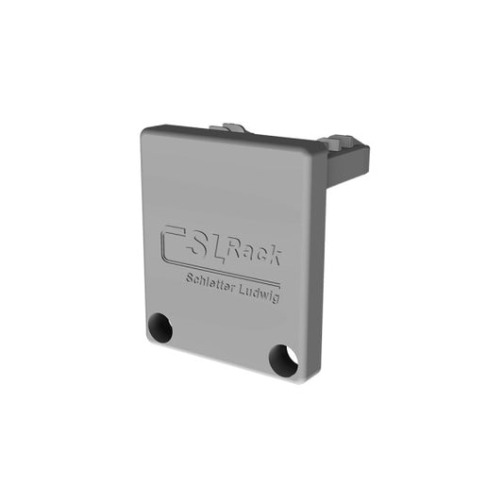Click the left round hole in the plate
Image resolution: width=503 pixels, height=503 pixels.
tap(160, 327)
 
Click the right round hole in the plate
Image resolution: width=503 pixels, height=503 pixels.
tap(283, 360)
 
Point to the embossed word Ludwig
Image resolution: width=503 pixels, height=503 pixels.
tap(260, 294)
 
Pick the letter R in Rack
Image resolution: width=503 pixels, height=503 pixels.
tap(234, 246)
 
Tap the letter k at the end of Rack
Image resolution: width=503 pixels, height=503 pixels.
tap(275, 257)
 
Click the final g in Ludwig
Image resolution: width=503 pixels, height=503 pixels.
tap(276, 298)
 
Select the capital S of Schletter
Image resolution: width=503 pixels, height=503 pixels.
tap(190, 277)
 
